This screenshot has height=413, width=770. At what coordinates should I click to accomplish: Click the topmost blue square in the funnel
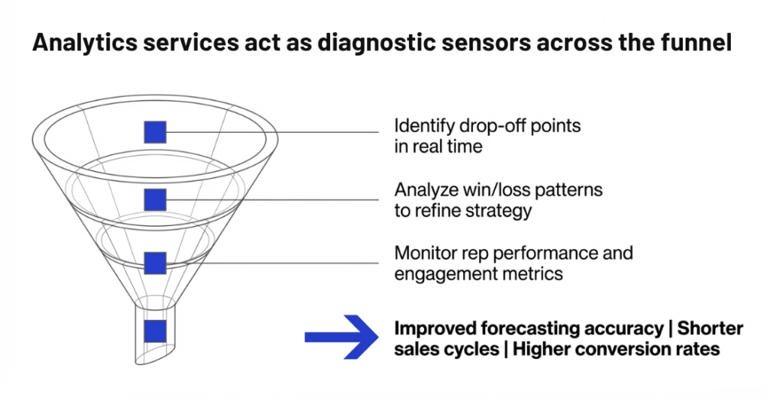[155, 132]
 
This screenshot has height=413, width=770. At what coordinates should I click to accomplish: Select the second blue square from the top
[155, 200]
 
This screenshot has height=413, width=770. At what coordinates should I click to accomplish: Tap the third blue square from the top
[155, 264]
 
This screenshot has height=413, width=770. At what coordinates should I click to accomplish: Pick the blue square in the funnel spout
[155, 331]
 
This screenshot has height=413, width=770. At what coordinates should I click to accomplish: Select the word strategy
[497, 210]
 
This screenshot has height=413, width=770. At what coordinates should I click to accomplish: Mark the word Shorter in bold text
[710, 329]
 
